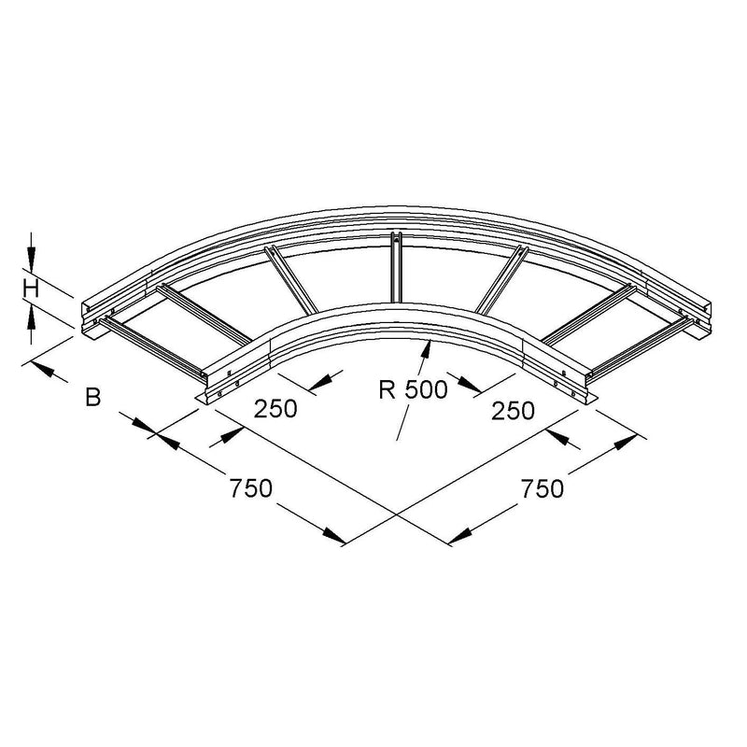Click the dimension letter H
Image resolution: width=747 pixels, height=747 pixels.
pos(32,289)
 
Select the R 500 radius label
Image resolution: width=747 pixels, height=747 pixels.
pos(413,389)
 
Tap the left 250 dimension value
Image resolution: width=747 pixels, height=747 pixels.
pos(275,409)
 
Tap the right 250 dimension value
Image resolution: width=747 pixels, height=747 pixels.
pos(513,411)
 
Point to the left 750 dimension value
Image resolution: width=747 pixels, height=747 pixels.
pos(250,488)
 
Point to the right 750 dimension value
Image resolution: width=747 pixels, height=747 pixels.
pos(543,488)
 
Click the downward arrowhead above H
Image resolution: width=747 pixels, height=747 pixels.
pos(32,261)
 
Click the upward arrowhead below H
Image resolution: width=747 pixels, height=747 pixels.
pos(32,317)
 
